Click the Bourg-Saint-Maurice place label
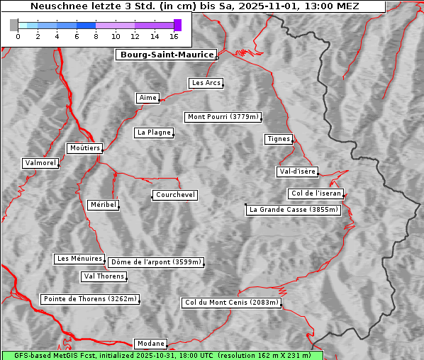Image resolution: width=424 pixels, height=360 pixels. (166, 55)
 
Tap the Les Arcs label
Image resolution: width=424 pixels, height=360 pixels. (206, 83)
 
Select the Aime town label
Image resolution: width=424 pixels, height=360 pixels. (148, 98)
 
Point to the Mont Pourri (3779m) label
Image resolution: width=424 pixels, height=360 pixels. (223, 117)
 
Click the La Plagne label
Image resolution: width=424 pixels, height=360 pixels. (154, 133)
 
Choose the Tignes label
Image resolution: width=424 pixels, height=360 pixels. (279, 139)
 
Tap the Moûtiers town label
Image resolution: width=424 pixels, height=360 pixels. (84, 148)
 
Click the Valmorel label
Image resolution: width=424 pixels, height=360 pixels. (40, 163)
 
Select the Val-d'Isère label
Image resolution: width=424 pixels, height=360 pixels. (297, 171)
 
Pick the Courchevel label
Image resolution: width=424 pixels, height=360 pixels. (175, 195)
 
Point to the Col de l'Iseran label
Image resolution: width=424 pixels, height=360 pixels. (316, 193)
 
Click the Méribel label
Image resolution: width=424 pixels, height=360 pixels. (103, 205)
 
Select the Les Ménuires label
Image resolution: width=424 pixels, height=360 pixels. (79, 259)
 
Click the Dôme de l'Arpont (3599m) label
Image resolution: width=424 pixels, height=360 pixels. (156, 262)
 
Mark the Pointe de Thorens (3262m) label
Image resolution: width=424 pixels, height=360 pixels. (89, 299)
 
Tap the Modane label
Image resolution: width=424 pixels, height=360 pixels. (150, 344)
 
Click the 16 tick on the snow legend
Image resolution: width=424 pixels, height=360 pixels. (174, 35)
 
